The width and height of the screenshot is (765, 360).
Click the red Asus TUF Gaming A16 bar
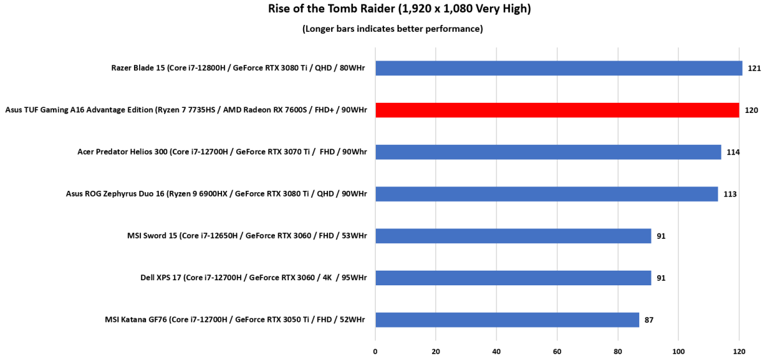557,110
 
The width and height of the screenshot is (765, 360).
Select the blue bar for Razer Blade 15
558,68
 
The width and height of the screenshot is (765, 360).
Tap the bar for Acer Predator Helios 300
548,152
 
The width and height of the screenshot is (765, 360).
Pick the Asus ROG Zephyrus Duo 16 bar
546,193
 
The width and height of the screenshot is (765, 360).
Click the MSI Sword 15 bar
513,236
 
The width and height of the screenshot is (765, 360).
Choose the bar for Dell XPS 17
513,278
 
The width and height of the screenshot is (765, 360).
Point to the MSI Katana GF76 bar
507,320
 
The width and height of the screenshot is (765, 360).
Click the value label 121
753,68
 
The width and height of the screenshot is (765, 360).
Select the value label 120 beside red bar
751,110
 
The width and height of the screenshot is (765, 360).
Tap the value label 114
732,152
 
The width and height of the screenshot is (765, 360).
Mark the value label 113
730,194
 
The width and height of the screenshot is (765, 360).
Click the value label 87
649,320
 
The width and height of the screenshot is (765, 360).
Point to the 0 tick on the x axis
375,351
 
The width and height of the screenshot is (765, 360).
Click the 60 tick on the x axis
557,351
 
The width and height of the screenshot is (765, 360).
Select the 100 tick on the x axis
678,351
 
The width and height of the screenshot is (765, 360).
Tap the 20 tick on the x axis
436,351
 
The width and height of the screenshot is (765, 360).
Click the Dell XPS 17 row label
253,278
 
